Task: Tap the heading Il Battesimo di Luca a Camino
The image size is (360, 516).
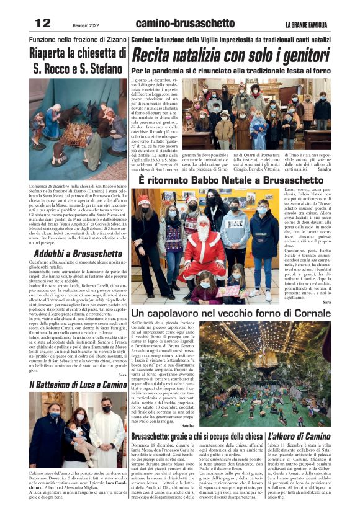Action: (x=78, y=385)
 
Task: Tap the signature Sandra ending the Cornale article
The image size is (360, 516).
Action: (x=187, y=425)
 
